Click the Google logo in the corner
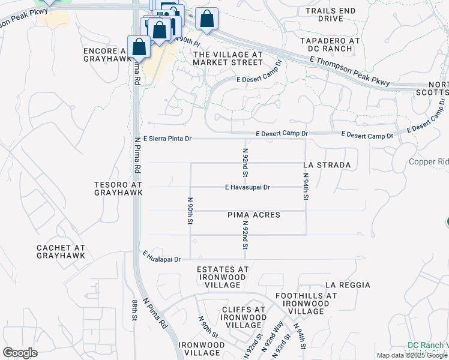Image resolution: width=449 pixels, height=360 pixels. (20, 353)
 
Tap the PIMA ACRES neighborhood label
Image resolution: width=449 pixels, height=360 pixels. (253, 215)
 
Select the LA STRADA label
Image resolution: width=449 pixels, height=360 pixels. (327, 164)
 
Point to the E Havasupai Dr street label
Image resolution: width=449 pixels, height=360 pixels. (247, 187)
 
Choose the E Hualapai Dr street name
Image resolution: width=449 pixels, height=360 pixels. (162, 257)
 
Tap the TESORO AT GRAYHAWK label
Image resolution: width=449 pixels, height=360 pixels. (118, 188)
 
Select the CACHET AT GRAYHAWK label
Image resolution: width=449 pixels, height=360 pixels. (61, 251)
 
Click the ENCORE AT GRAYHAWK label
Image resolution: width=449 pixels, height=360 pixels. (108, 56)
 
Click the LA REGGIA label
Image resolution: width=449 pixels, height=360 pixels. (348, 285)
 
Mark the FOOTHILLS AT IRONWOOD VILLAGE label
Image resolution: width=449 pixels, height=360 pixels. (306, 304)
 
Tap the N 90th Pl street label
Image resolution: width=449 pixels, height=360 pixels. (188, 41)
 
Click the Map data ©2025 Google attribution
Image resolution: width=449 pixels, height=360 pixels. (412, 355)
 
